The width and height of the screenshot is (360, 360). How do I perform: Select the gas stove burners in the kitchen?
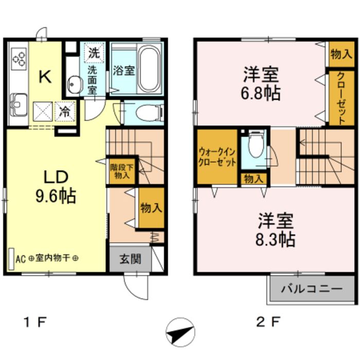[x=19, y=58]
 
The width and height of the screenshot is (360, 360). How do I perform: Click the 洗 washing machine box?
[x=94, y=52]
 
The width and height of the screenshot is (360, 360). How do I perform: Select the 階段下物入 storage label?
[x=121, y=171]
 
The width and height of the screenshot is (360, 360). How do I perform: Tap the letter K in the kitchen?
[x=45, y=77]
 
